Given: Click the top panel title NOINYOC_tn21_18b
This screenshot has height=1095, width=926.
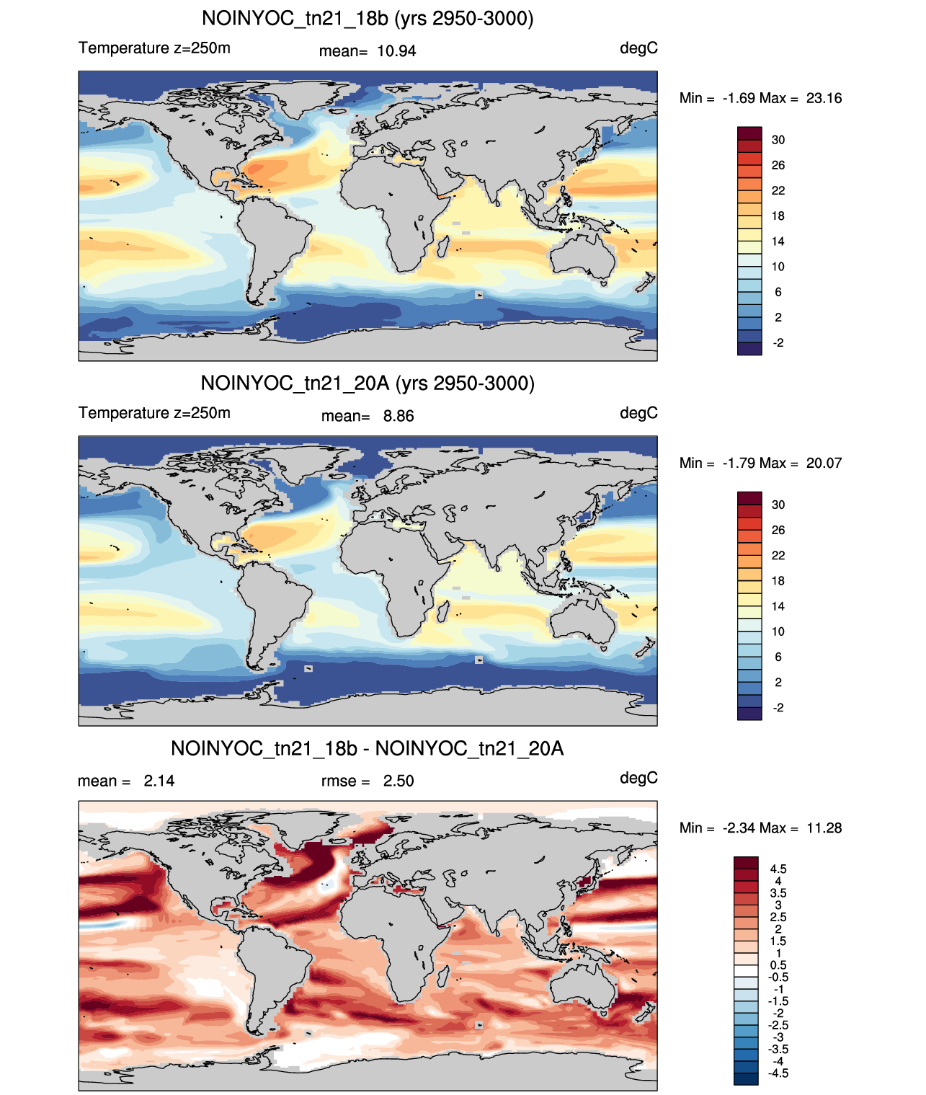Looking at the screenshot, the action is (295, 19).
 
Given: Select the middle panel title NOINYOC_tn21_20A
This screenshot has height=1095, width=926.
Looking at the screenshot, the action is (295, 384).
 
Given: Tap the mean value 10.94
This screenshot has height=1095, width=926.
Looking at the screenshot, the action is (396, 51).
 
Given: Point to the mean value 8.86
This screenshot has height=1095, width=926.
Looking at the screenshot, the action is (398, 416).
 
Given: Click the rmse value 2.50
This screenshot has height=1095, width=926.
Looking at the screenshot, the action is (398, 781).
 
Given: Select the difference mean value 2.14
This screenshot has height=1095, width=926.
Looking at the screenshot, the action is (159, 781).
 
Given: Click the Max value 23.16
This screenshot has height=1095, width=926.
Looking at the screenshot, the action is (824, 99).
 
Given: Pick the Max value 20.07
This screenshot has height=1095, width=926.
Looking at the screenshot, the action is (824, 463).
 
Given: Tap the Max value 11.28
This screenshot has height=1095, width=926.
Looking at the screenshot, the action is (824, 828).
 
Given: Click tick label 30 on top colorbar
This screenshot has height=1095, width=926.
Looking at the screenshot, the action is (778, 140).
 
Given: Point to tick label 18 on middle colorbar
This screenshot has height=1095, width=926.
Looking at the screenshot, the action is (778, 580).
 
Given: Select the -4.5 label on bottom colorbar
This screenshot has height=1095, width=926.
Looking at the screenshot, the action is (778, 1073).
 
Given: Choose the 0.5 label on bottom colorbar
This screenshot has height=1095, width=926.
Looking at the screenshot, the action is (778, 965).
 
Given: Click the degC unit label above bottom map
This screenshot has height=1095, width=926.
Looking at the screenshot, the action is (638, 779).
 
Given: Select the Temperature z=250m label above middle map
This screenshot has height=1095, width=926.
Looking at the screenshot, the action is (154, 413).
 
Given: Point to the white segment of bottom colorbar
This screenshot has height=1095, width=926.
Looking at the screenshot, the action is (745, 970).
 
